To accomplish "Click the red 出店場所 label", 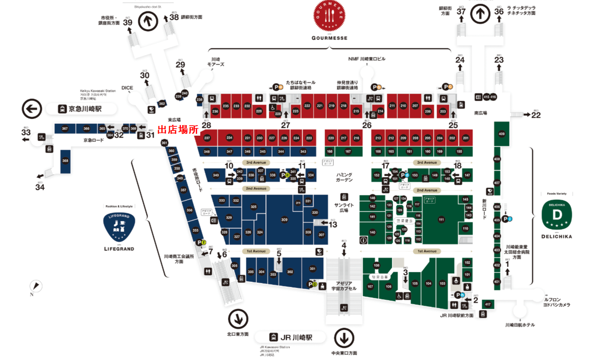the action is (178, 130).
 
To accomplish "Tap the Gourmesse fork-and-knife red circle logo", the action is (330, 16).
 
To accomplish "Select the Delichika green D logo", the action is (557, 214).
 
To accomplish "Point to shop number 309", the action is (284, 220).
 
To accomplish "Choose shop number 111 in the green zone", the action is (441, 220).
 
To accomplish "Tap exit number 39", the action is (128, 22).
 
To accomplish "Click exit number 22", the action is (536, 115).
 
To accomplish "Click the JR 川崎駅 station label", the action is (296, 337).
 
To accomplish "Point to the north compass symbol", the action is (36, 286).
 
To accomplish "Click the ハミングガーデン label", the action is (344, 177).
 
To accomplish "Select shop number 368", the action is (65, 161).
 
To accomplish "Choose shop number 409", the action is (502, 134).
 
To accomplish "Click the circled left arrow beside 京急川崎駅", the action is (32, 109).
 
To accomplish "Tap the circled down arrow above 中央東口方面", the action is (344, 338).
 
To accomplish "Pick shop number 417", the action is (488, 304).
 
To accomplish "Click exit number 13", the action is (333, 225).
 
